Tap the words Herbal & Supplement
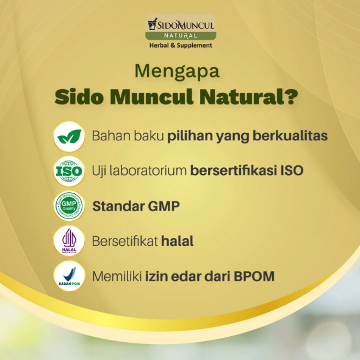[181, 45]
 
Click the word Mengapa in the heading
[177, 71]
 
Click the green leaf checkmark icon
[69, 137]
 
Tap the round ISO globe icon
[69, 171]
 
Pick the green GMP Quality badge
[69, 206]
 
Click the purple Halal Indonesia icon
[69, 241]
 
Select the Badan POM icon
[69, 276]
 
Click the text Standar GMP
[136, 206]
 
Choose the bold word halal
[178, 241]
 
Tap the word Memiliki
[117, 276]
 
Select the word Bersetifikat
[124, 241]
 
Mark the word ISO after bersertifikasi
[292, 171]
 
